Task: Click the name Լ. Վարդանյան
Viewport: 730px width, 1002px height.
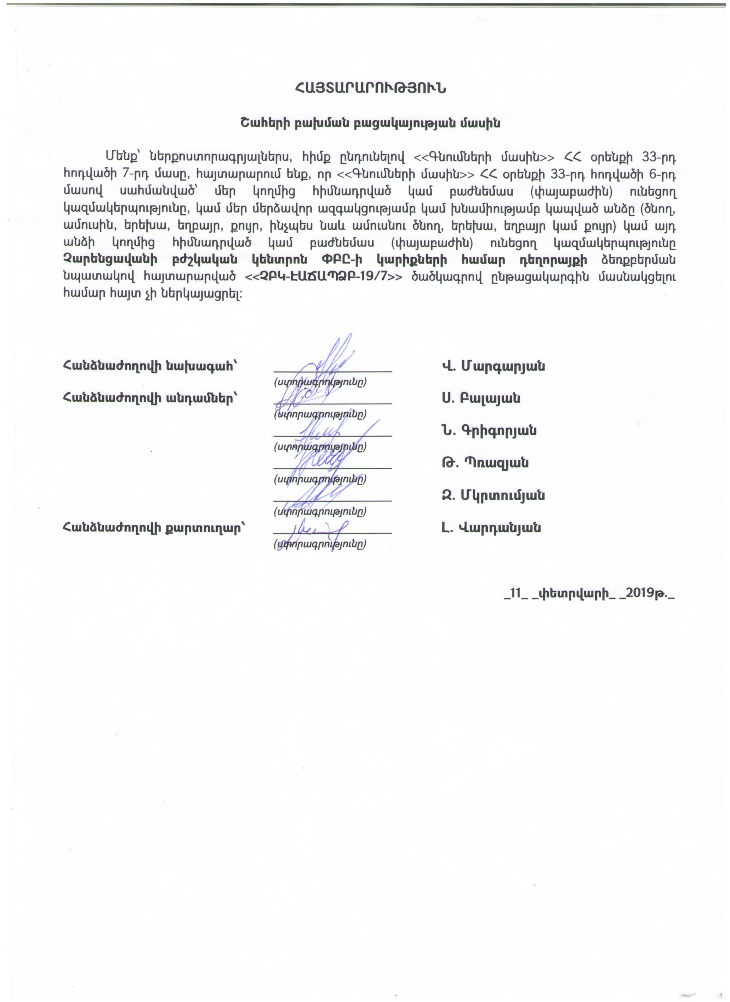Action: [x=491, y=528]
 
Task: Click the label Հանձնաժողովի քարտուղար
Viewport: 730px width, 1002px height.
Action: [x=154, y=528]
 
